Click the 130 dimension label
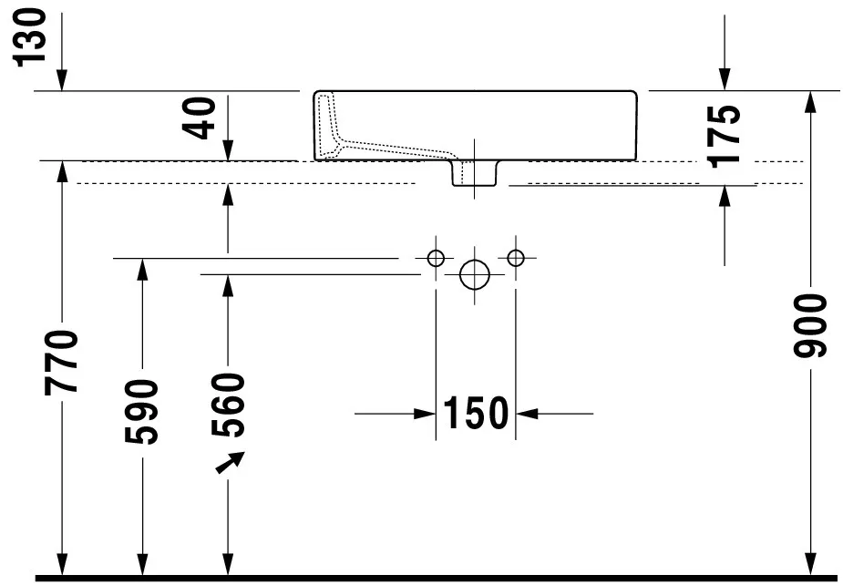click(x=30, y=36)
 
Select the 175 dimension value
click(x=725, y=137)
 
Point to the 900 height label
click(x=809, y=326)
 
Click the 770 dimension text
click(x=61, y=364)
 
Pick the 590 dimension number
click(x=141, y=412)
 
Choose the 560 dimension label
click(x=228, y=405)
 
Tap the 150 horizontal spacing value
click(x=475, y=413)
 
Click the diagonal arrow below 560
click(x=230, y=463)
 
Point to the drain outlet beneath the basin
click(x=474, y=174)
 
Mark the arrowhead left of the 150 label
click(x=425, y=414)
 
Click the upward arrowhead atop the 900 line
click(x=810, y=102)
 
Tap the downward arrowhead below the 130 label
click(x=62, y=80)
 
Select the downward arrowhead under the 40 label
click(x=228, y=150)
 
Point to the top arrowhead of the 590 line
click(x=142, y=270)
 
